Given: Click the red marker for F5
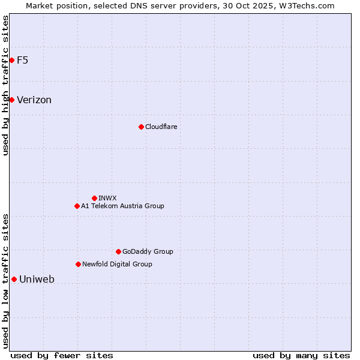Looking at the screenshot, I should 11,60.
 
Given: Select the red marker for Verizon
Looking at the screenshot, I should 11,100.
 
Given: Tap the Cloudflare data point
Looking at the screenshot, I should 141,127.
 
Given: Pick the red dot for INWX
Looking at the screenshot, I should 94,198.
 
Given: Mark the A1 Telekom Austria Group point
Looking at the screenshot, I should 77,206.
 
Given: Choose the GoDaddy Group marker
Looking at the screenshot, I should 118,251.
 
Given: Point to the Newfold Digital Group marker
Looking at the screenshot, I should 78,264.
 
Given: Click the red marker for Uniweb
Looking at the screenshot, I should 14,279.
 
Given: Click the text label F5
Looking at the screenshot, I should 23,60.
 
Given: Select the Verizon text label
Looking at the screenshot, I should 34,100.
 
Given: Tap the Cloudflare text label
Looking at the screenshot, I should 161,127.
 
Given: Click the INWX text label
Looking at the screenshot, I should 107,198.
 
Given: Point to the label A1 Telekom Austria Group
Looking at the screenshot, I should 122,206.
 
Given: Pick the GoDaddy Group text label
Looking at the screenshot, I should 148,251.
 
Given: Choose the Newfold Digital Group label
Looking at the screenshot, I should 117,264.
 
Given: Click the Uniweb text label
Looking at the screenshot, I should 37,279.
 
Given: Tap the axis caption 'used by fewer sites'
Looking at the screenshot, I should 62,355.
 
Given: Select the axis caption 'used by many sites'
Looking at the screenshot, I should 301,355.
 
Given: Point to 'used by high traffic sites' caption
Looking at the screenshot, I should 5,85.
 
